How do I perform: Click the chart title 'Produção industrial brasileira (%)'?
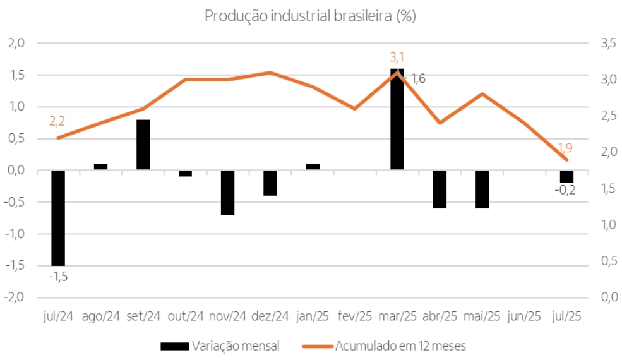309,16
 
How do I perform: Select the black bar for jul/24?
58,217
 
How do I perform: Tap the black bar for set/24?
143,145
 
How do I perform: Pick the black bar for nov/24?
228,192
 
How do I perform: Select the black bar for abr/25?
440,189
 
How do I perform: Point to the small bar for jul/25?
566,176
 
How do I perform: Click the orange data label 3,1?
397,58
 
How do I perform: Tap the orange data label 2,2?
57,122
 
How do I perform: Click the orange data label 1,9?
565,148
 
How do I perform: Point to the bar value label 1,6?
418,79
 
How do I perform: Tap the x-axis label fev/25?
355,316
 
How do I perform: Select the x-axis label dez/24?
270,316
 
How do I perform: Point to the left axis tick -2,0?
15,297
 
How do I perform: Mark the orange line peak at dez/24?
270,73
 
